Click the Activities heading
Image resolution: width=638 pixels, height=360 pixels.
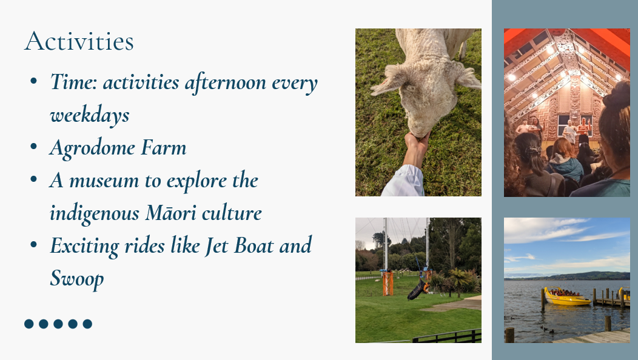click(79, 41)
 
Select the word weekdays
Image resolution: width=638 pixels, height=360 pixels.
click(90, 115)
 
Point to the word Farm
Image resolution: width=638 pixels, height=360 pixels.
click(164, 147)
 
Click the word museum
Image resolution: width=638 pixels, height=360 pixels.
click(104, 181)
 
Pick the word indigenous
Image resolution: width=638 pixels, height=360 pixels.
click(95, 214)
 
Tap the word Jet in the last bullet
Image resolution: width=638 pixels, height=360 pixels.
click(217, 245)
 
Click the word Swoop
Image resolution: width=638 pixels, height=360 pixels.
click(77, 279)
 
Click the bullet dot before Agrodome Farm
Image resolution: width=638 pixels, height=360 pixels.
click(34, 147)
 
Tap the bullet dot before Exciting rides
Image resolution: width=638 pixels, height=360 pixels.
click(34, 245)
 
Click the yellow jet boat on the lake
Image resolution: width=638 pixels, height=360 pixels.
click(567, 297)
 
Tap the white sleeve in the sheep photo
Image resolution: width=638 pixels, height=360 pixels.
click(403, 181)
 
